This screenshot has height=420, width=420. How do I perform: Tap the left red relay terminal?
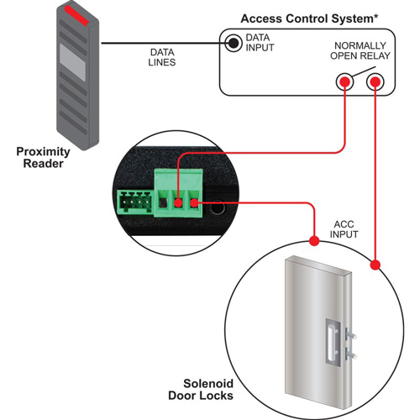pyautogui.click(x=343, y=82)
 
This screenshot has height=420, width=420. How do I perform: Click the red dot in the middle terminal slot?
pyautogui.click(x=178, y=202)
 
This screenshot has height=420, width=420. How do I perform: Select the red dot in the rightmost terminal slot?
pyautogui.click(x=194, y=202)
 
